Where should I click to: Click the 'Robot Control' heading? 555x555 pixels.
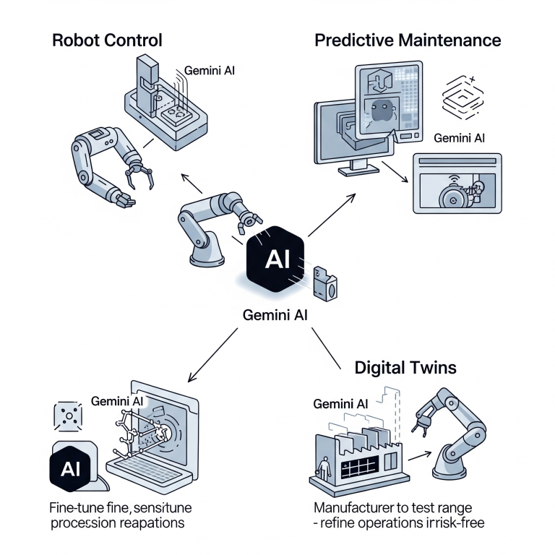107,39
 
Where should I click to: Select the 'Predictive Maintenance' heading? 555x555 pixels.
408,39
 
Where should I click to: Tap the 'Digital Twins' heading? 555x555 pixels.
405,367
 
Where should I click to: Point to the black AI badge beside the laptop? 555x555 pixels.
71,468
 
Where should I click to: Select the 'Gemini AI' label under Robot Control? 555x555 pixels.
210,71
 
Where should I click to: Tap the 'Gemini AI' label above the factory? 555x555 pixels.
343,403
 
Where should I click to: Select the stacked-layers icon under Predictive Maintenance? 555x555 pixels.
461,97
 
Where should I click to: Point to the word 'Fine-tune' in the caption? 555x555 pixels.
80,507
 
